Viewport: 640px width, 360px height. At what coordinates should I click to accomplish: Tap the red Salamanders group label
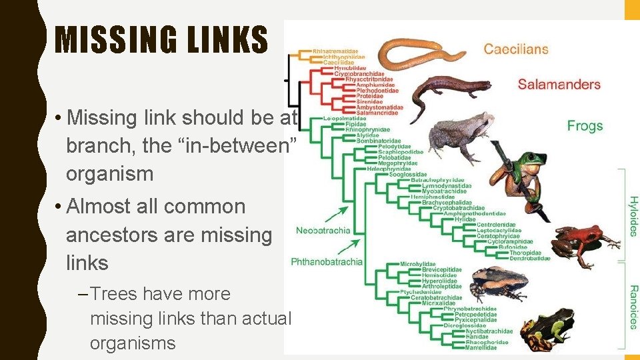pyautogui.click(x=559, y=85)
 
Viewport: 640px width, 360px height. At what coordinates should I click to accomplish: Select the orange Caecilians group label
pyautogui.click(x=516, y=49)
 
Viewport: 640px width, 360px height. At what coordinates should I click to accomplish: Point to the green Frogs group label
pyautogui.click(x=585, y=125)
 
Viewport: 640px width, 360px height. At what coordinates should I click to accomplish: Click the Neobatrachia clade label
pyautogui.click(x=323, y=231)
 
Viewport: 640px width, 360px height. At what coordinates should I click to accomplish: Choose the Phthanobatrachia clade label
pyautogui.click(x=327, y=261)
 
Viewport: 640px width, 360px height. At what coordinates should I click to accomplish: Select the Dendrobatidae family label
pyautogui.click(x=530, y=258)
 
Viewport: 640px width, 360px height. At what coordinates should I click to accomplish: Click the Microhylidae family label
pyautogui.click(x=418, y=265)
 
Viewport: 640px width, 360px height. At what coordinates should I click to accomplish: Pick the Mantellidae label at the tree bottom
pyautogui.click(x=481, y=347)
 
